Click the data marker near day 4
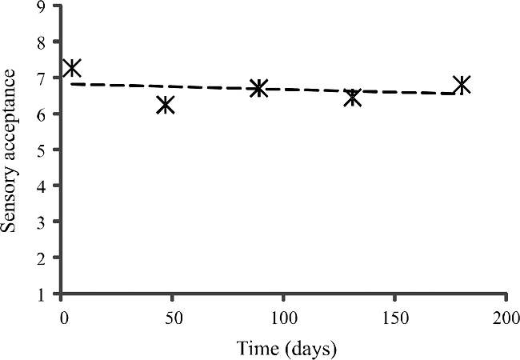coord(72,68)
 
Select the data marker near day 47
coord(166,105)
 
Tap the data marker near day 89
coord(258,88)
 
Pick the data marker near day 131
coord(352,98)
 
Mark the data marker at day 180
coord(461,85)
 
